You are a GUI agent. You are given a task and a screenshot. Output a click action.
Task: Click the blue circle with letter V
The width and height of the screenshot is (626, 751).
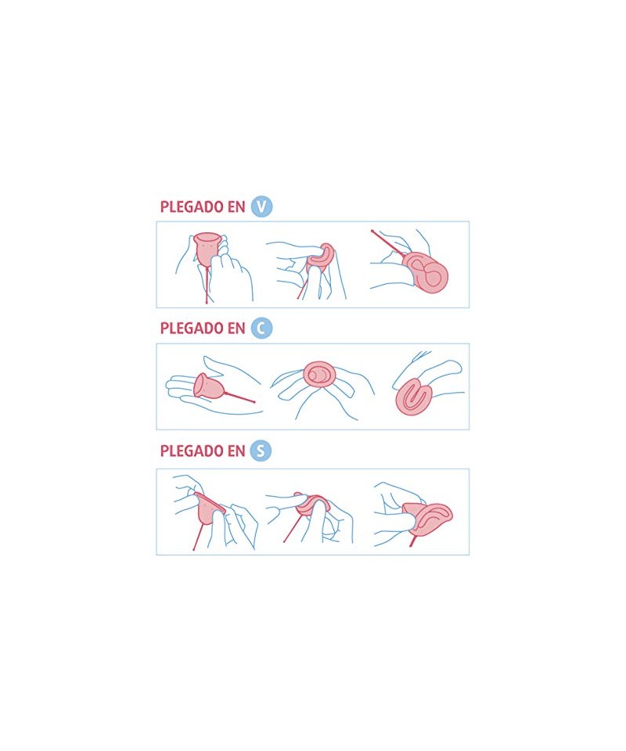[261, 207]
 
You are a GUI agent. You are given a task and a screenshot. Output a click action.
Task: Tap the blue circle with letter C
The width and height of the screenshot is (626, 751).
[261, 329]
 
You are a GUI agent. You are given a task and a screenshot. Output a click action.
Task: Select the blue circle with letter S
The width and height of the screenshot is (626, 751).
[261, 451]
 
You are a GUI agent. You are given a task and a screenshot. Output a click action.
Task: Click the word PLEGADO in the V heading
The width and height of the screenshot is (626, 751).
[192, 207]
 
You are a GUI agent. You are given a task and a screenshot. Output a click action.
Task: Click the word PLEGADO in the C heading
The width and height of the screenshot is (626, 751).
[192, 329]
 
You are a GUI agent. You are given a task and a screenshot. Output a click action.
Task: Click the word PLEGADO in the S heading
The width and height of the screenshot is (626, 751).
[192, 451]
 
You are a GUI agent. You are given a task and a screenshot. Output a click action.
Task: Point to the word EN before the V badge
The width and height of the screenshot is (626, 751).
[236, 207]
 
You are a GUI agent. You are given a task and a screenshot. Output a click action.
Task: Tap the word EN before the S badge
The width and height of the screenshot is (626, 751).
[236, 451]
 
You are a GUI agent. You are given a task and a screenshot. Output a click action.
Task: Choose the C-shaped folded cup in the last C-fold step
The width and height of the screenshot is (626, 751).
[415, 396]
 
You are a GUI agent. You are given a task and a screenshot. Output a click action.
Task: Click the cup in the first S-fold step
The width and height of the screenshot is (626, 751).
[208, 508]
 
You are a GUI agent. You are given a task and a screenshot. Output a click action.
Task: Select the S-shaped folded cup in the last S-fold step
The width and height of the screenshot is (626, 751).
[427, 519]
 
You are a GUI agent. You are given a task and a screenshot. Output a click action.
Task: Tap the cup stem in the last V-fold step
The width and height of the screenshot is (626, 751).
[389, 243]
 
